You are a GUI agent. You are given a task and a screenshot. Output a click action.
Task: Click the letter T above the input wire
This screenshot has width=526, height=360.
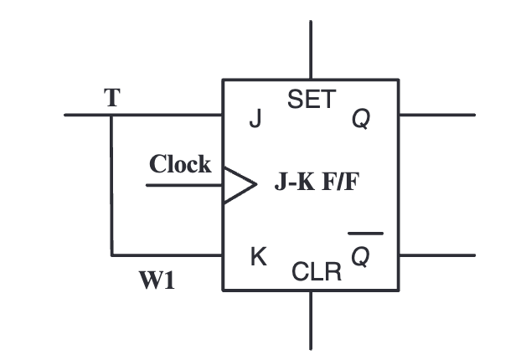(111, 97)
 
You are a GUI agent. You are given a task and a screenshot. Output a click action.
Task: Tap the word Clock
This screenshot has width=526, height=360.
(180, 164)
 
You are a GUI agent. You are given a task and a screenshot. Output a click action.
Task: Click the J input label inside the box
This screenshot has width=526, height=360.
(255, 121)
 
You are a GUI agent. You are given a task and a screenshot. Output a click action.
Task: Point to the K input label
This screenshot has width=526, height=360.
(259, 257)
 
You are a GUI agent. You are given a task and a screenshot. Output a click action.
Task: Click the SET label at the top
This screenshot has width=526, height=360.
(310, 100)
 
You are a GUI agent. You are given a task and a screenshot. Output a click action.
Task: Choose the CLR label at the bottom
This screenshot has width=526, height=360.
(317, 272)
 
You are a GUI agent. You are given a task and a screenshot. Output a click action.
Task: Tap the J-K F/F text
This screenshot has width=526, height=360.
(315, 183)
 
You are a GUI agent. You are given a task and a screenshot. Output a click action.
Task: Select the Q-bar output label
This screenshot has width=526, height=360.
(361, 256)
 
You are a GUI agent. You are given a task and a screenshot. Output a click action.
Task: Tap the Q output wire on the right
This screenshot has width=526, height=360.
(436, 115)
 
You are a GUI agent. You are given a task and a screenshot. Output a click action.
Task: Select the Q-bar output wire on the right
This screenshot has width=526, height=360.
(436, 255)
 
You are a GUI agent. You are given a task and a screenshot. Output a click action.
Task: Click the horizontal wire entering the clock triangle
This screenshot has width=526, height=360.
(184, 185)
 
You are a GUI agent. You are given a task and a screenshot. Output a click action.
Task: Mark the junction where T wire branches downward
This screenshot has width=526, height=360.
(111, 115)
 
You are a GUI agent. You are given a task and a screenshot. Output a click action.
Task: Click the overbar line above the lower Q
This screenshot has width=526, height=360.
(365, 234)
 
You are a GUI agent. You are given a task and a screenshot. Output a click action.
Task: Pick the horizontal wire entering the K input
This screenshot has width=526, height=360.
(168, 255)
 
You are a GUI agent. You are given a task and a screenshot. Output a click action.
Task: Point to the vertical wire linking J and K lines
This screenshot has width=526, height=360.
(111, 184)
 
